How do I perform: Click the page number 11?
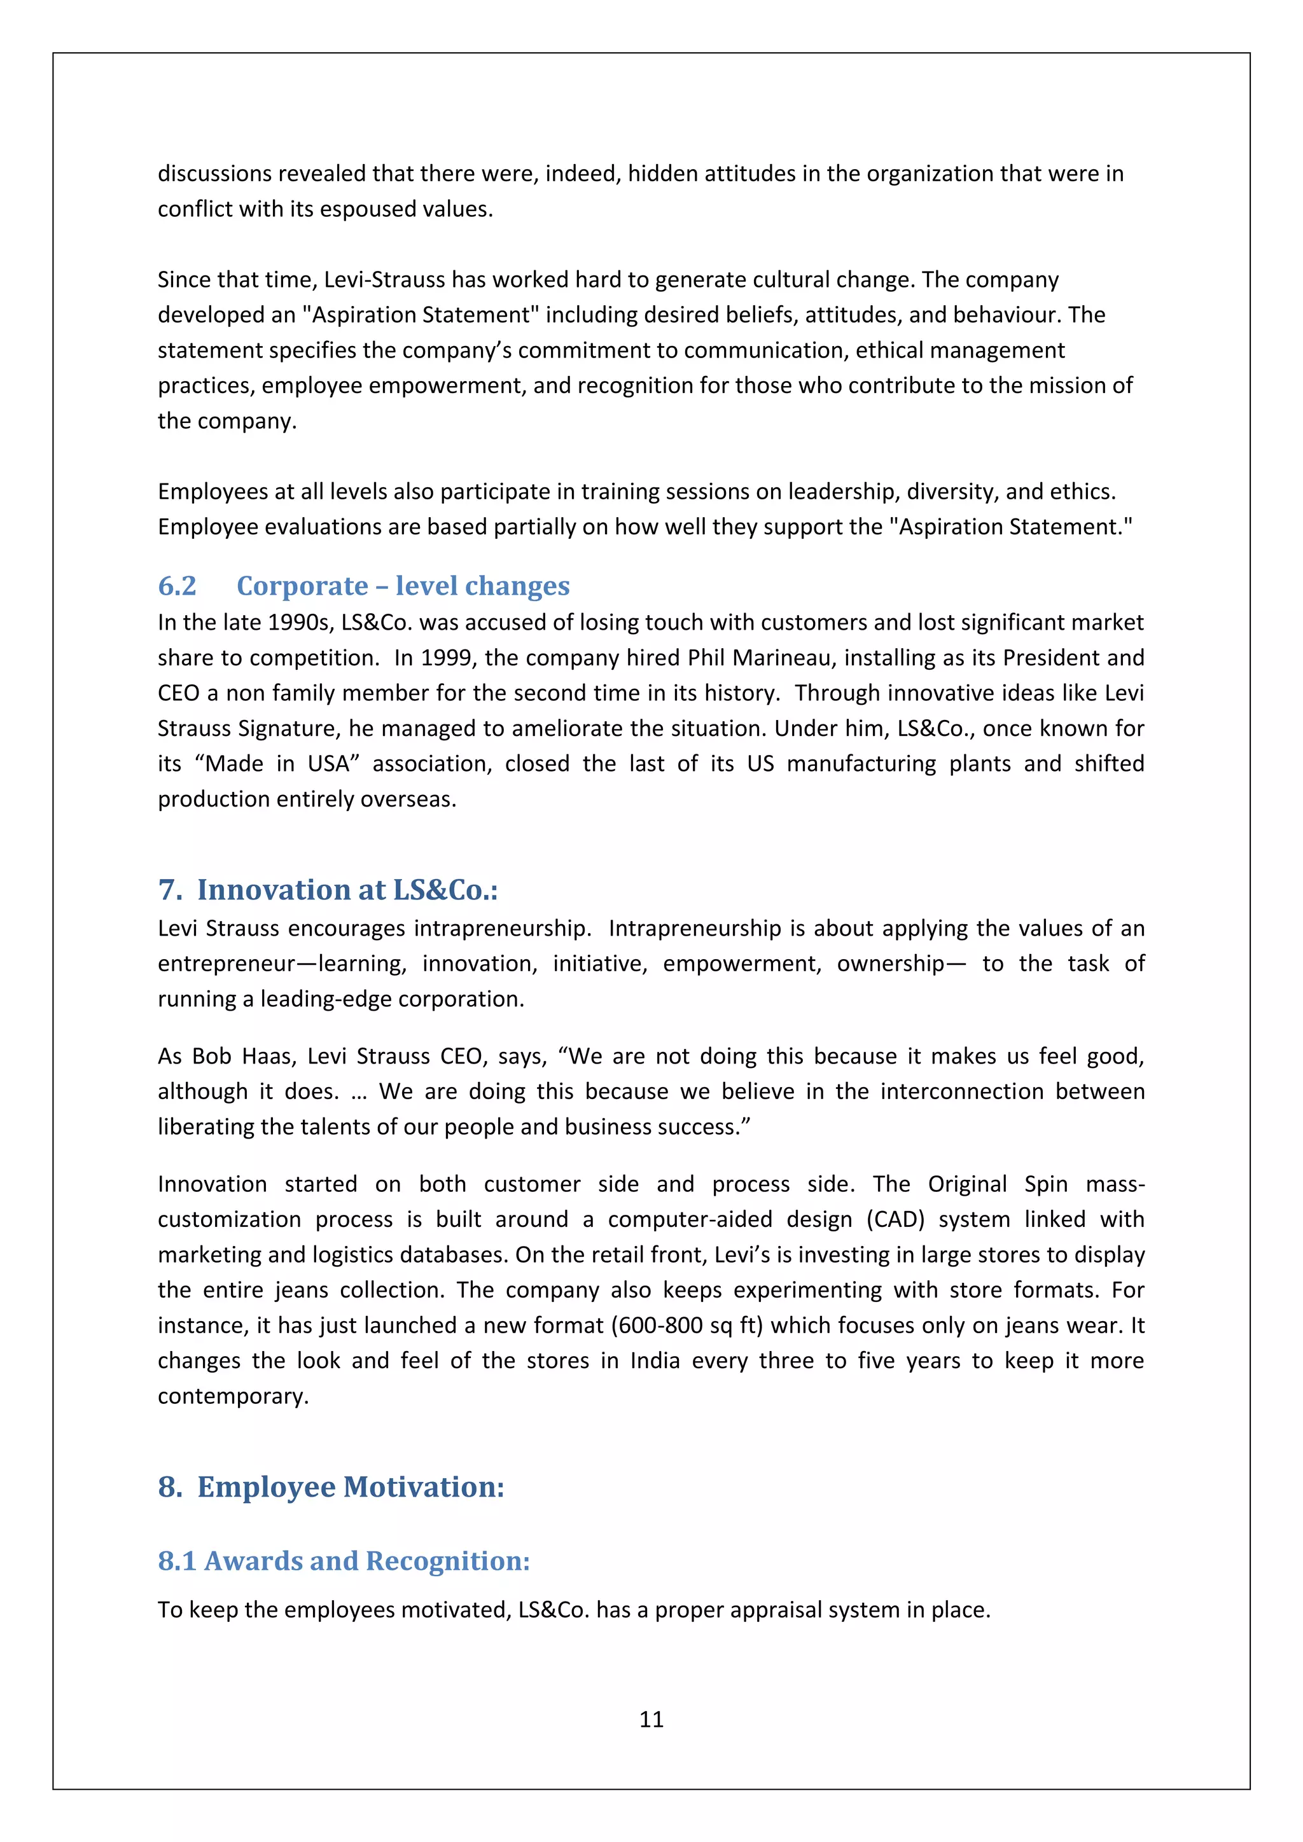pos(651,1719)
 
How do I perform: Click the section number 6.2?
pos(178,586)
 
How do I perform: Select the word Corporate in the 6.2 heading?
pos(302,586)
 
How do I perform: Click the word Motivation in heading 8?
pos(424,1486)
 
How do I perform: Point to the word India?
pos(655,1361)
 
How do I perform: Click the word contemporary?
pos(233,1396)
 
